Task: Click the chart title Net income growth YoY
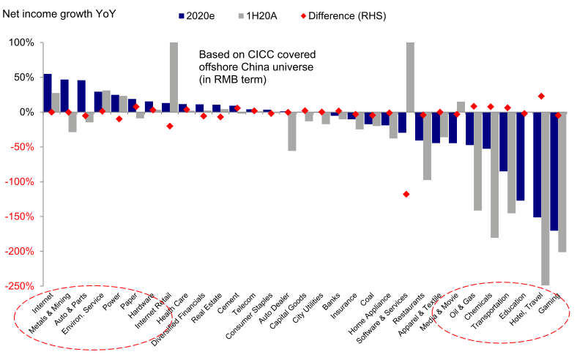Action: click(59, 13)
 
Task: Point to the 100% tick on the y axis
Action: click(21, 42)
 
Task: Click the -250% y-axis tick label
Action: click(20, 286)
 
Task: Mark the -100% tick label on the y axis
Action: click(20, 181)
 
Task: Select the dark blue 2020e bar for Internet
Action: click(48, 93)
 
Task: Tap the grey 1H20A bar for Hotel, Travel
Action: click(546, 198)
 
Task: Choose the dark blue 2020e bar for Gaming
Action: click(554, 171)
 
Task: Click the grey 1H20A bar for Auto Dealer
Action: click(292, 131)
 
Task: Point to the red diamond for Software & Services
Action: click(406, 194)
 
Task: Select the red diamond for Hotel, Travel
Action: click(541, 96)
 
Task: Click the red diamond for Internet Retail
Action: click(170, 126)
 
